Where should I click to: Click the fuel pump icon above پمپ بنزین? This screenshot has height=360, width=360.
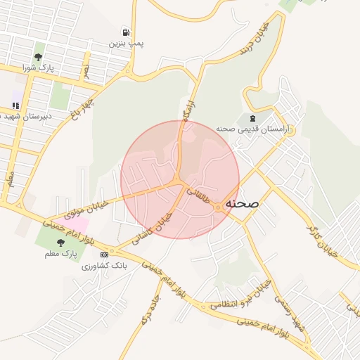coord(126,32)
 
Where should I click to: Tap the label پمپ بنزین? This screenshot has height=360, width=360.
coord(126,43)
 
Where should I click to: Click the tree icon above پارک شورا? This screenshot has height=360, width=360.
coord(38,57)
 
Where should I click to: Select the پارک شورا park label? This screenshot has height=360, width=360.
coord(38,67)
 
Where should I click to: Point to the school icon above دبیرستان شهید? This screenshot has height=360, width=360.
coord(15,105)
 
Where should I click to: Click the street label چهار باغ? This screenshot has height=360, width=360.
coord(83,109)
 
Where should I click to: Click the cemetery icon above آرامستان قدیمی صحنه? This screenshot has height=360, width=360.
coord(252,117)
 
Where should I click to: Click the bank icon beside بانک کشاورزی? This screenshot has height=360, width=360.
coord(104,255)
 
